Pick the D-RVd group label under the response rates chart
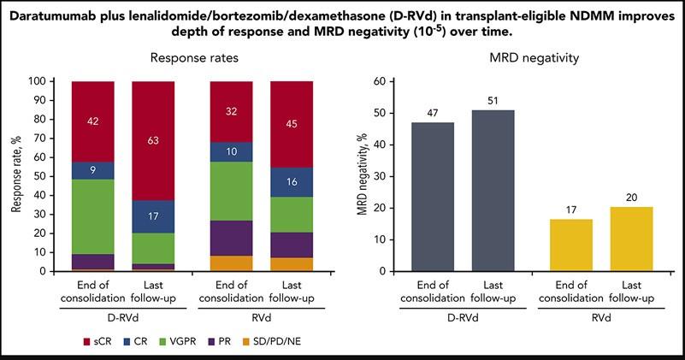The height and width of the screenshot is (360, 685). click(121, 316)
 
